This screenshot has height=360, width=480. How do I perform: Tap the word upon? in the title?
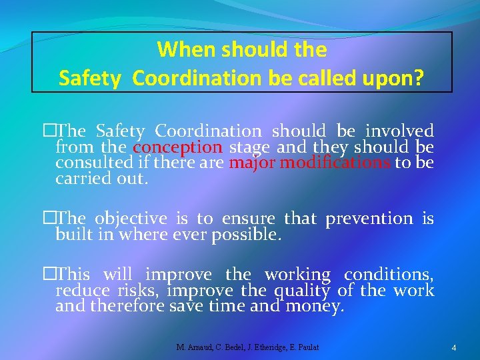pos(393,78)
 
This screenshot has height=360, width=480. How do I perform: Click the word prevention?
pos(369,218)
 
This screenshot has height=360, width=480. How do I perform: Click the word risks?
pos(141,290)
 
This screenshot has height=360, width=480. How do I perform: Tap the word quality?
pos(300,290)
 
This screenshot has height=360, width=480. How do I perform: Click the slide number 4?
pos(453,347)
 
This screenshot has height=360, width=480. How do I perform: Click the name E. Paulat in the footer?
pos(302,347)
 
